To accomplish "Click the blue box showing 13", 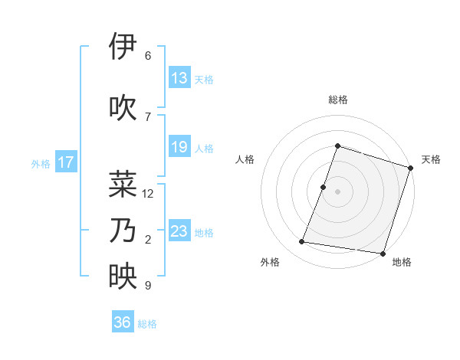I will coord(179,78).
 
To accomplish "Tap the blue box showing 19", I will coord(179,147).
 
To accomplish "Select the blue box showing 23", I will coord(179,231).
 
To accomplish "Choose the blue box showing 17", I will coord(65,162).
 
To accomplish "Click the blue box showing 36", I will coord(123,322).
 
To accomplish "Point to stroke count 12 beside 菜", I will coord(149,194).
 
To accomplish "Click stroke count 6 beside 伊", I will coord(148,56).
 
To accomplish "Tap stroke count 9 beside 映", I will coord(148,286).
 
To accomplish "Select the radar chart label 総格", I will coord(337,100).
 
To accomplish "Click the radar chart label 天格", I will coord(431,159).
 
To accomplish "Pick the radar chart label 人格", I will coord(245,159).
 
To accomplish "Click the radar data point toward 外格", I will coord(302,242).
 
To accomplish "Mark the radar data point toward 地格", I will coord(382,254).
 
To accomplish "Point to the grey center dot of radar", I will coord(337,191).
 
